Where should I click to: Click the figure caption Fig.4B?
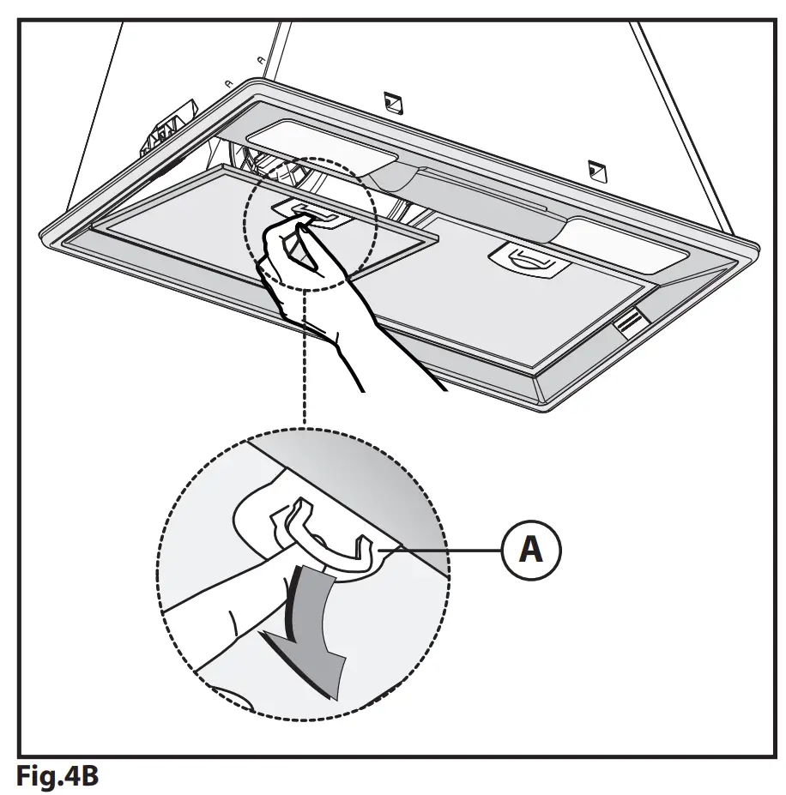point(57,777)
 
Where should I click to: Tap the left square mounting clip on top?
point(392,101)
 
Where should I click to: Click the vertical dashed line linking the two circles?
point(303,360)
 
